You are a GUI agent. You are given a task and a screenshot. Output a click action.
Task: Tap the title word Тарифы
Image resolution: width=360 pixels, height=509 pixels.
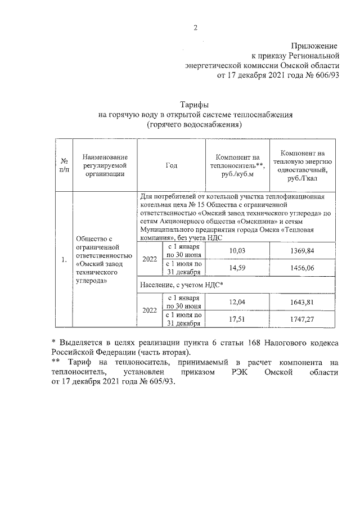(195, 105)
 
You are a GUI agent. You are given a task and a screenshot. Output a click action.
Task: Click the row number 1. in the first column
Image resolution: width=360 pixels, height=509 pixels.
(64, 260)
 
